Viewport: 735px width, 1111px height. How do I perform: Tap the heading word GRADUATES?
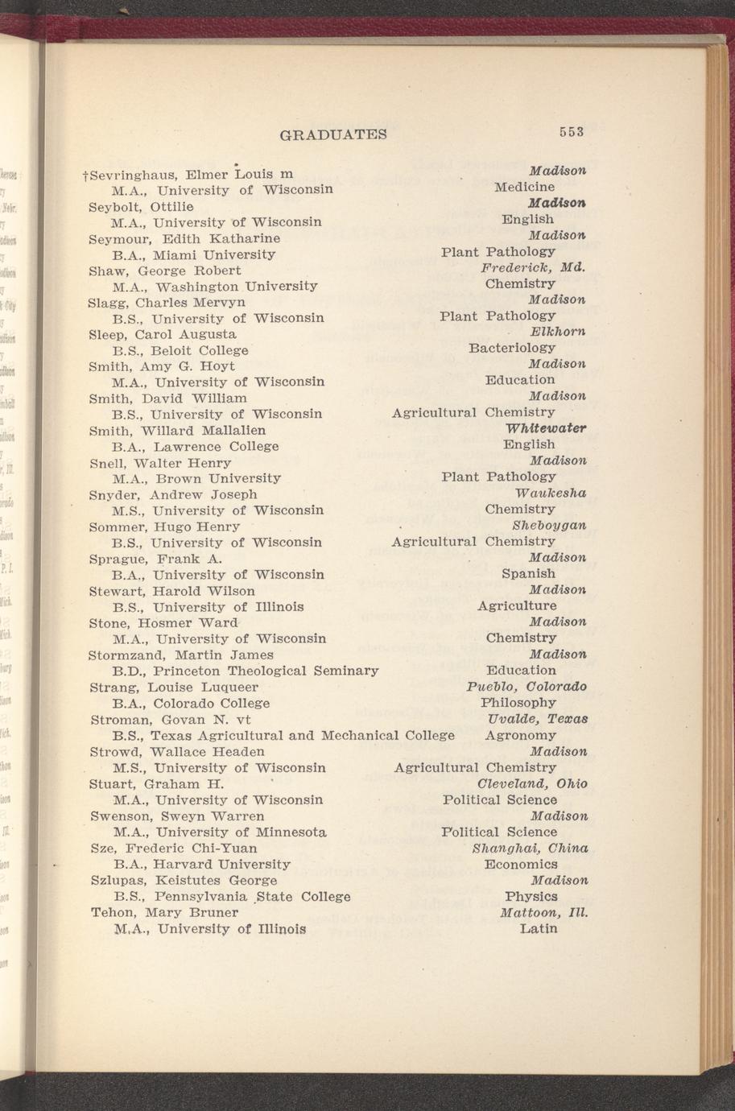332,134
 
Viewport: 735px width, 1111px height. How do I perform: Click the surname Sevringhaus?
132,174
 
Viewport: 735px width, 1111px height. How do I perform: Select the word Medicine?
524,187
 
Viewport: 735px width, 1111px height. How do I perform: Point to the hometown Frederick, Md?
533,267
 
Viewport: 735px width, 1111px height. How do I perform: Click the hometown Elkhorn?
558,332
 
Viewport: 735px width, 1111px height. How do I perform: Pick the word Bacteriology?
512,348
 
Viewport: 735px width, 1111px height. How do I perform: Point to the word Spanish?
528,573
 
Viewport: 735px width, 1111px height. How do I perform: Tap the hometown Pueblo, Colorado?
526,687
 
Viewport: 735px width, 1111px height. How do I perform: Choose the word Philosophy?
518,703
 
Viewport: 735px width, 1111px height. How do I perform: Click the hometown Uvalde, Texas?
538,719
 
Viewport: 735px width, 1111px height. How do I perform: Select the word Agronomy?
521,735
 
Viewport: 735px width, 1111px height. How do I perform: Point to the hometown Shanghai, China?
530,848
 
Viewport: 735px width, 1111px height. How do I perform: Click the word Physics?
531,896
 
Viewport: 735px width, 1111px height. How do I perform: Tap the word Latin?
539,928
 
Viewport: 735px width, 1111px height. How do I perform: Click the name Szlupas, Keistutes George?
184,880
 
